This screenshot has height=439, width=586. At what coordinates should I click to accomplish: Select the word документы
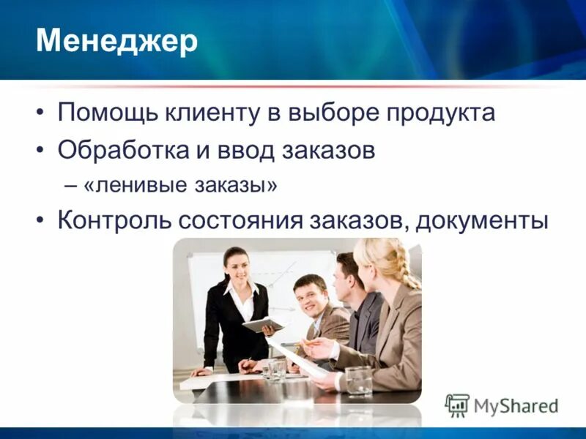pos(481,220)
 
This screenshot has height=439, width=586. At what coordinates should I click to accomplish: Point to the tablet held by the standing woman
pos(263,324)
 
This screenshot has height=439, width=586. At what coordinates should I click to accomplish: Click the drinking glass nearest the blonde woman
pos(359,380)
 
